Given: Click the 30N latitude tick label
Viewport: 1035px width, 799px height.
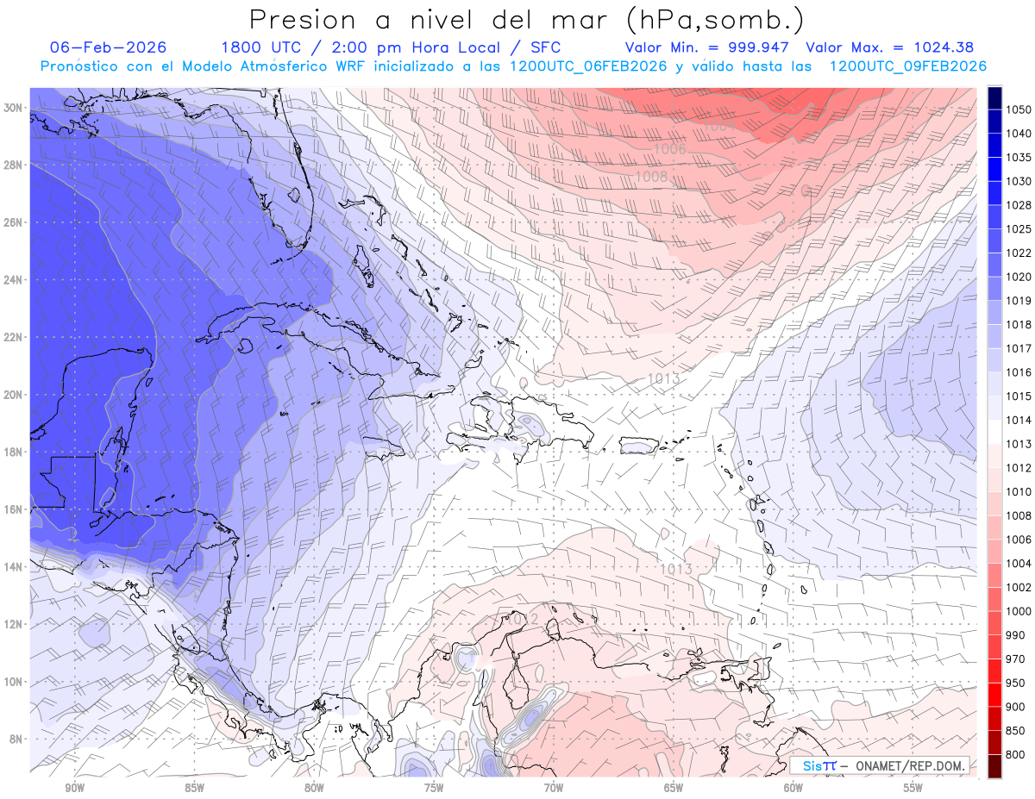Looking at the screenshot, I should pyautogui.click(x=13, y=108).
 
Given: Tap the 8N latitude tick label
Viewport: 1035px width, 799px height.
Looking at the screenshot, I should pyautogui.click(x=16, y=739).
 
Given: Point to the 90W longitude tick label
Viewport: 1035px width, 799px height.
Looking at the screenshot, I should pyautogui.click(x=74, y=788).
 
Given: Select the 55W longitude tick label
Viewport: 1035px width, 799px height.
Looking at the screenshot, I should pyautogui.click(x=913, y=788).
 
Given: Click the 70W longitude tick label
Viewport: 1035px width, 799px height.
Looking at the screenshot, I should pyautogui.click(x=553, y=788).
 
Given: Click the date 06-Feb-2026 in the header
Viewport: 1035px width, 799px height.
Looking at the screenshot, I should pyautogui.click(x=109, y=47).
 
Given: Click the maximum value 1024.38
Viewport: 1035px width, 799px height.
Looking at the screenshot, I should pyautogui.click(x=933, y=47).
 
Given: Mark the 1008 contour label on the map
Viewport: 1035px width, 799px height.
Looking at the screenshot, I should pyautogui.click(x=651, y=177).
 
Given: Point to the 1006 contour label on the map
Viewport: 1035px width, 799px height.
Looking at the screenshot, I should pyautogui.click(x=669, y=149).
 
